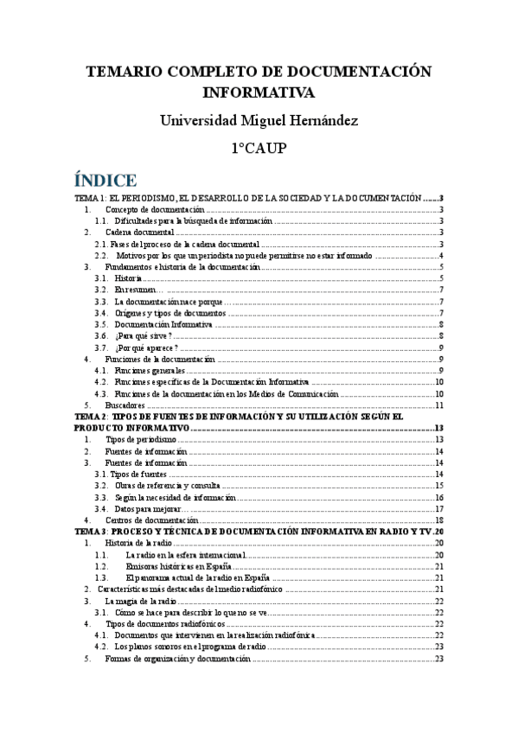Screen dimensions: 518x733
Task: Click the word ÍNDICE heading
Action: click(x=106, y=181)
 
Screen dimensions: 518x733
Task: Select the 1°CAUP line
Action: click(x=259, y=150)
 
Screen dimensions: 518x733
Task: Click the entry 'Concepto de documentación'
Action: click(x=155, y=210)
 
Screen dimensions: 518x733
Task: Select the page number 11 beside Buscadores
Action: click(x=438, y=405)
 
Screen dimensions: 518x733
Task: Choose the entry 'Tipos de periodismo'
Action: click(x=142, y=439)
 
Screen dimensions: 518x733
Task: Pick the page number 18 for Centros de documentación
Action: click(x=438, y=519)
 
